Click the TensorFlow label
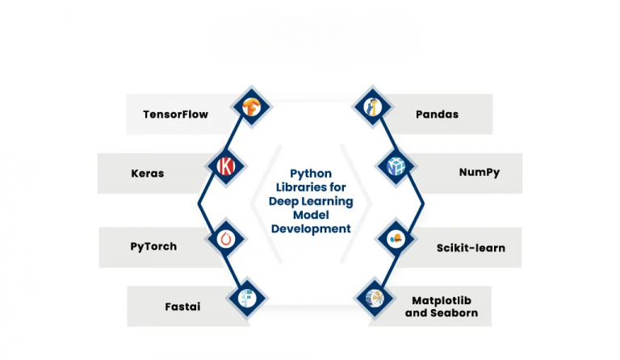click(175, 115)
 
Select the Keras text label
click(147, 174)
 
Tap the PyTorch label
click(153, 246)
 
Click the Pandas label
click(437, 115)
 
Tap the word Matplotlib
click(445, 299)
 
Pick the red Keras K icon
click(224, 166)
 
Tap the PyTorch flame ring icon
click(224, 239)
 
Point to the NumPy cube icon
click(396, 166)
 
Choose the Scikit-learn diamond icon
click(396, 239)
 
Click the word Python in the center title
click(310, 174)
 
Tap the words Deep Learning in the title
click(311, 201)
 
